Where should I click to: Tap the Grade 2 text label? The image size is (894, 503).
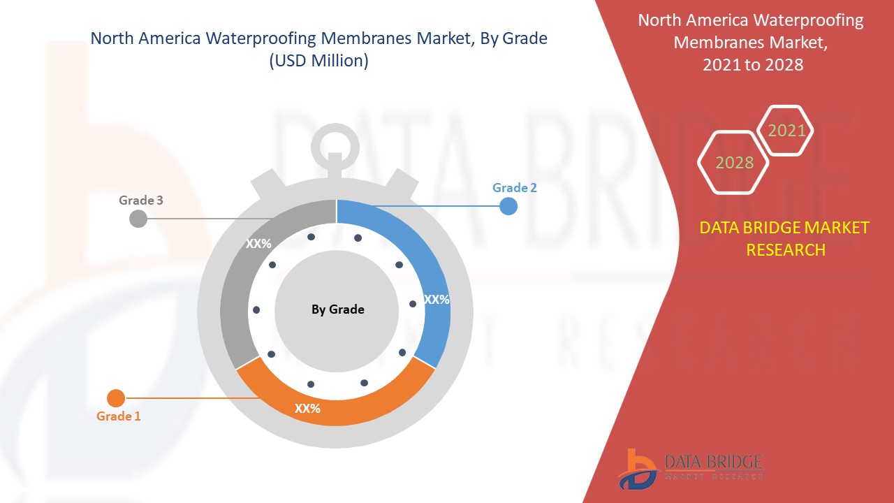(x=515, y=188)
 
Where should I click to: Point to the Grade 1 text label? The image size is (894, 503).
(x=119, y=416)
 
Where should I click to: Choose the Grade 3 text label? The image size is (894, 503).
(x=141, y=201)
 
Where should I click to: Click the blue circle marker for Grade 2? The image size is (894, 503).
(x=508, y=206)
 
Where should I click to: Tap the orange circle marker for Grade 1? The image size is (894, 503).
(x=116, y=398)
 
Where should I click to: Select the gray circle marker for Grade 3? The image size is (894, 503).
(x=138, y=219)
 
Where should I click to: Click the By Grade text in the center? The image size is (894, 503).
(x=337, y=309)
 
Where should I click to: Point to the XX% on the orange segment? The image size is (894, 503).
(x=307, y=409)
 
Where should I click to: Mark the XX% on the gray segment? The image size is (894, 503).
(x=258, y=245)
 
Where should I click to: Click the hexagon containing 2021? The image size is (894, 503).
(x=786, y=131)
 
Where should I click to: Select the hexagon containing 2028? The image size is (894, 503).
(x=734, y=163)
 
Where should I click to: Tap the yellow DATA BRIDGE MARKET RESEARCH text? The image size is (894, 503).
(x=785, y=238)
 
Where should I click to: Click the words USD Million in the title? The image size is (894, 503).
(x=318, y=61)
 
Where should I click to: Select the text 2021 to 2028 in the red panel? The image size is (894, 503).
(x=753, y=65)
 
